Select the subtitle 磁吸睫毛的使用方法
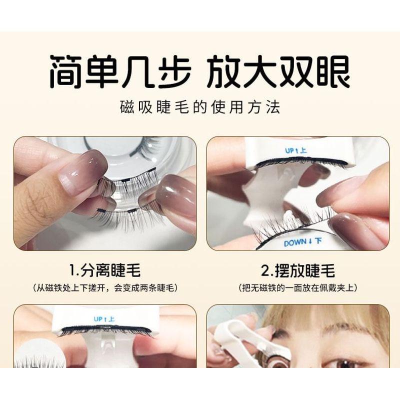point(200,107)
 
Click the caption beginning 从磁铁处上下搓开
point(105,288)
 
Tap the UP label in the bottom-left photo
point(104,318)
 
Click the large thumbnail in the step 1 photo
point(82,172)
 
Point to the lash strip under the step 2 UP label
point(300,162)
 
